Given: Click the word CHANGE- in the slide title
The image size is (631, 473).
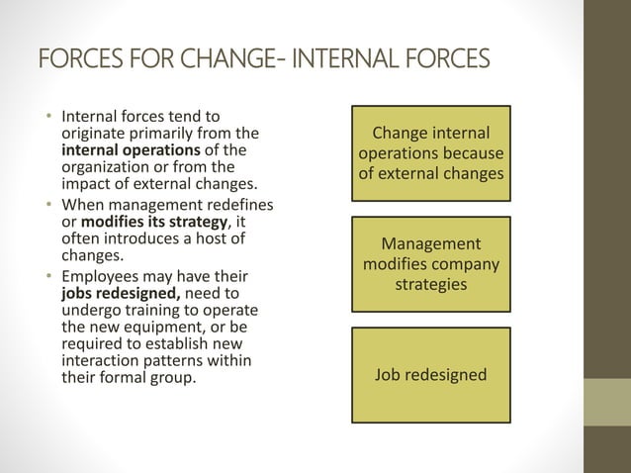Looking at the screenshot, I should point(241,56).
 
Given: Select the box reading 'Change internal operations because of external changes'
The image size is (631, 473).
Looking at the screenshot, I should point(431,154).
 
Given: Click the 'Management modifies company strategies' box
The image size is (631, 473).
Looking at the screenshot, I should point(431,264).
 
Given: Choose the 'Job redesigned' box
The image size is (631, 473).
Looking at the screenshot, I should point(431,375).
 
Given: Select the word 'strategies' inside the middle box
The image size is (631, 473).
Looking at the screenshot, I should point(431,284).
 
